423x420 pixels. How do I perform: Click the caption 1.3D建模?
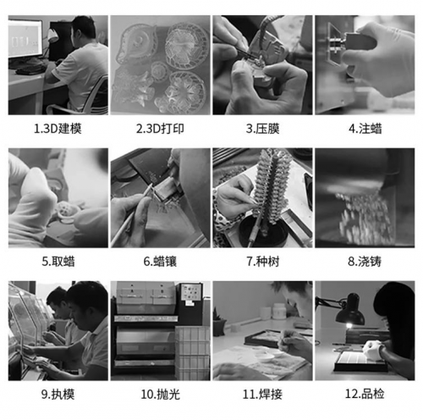(x=58, y=129)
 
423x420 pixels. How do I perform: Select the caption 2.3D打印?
(x=160, y=129)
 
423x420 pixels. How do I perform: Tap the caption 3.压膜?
(x=262, y=129)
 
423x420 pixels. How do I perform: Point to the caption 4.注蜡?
(x=365, y=129)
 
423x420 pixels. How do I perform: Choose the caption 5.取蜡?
(x=58, y=262)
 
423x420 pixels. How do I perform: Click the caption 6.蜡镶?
(x=160, y=262)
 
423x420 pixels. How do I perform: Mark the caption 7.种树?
(x=263, y=262)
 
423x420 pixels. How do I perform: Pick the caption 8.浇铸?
(x=365, y=262)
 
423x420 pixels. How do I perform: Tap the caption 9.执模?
(x=58, y=394)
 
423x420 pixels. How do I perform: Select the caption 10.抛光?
(x=160, y=394)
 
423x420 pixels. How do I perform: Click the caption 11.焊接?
(x=262, y=394)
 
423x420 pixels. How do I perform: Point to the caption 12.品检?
(x=365, y=394)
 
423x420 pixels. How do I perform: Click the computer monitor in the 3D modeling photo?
(x=25, y=38)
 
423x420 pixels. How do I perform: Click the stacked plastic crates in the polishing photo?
(x=193, y=353)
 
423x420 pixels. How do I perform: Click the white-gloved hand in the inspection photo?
(x=372, y=350)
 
